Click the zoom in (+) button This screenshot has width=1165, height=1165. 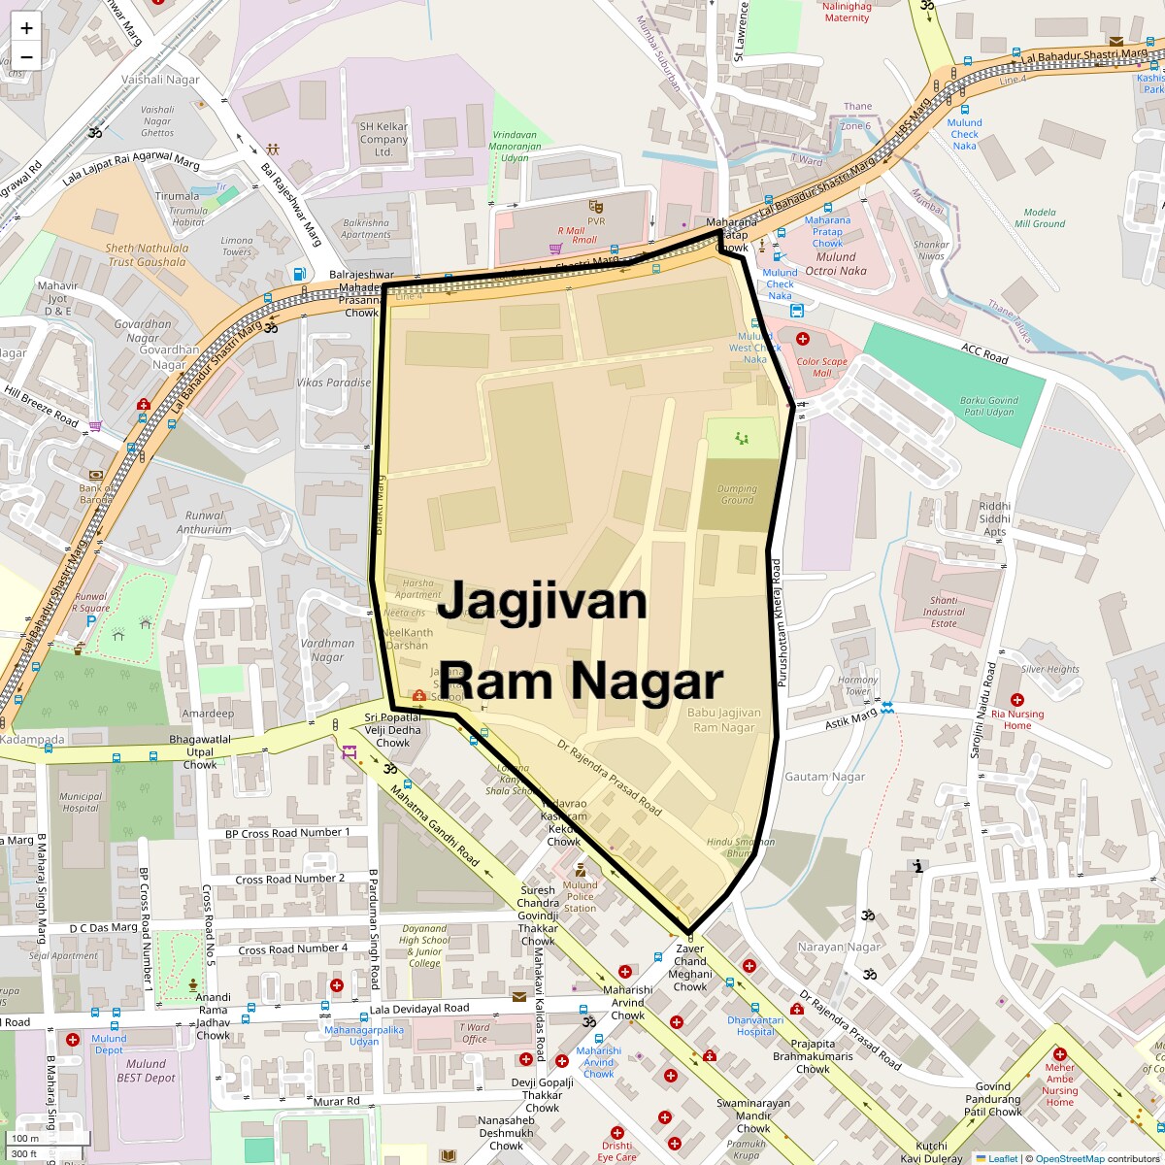point(26,28)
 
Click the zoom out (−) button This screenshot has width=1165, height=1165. point(26,56)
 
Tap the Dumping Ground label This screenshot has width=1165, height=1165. point(737,494)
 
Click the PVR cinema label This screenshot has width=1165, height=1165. point(595,221)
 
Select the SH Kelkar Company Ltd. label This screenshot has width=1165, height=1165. point(383,139)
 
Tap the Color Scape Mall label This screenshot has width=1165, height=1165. point(821,367)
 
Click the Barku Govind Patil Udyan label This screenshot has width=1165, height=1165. point(988,406)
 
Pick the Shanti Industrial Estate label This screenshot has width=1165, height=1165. point(944,612)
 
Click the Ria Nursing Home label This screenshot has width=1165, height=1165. point(1017,719)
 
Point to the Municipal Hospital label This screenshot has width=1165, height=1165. point(80,802)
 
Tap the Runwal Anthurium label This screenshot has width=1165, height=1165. point(204,522)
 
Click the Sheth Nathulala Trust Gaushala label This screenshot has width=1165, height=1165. point(146,254)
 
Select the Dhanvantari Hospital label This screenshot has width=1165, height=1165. point(755,1025)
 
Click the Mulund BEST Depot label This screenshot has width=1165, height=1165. point(146,1071)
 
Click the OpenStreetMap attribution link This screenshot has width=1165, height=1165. point(1070,1158)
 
